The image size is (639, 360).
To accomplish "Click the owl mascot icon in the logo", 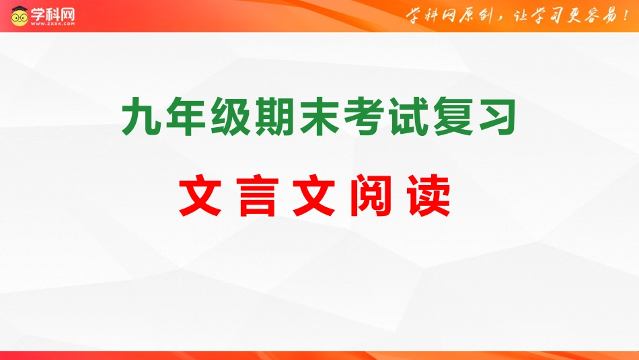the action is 19,16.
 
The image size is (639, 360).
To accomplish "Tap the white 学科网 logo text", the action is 52,14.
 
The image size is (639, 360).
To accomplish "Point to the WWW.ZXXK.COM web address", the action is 52,24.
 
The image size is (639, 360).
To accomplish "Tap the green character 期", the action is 274,116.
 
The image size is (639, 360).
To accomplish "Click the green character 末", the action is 319,116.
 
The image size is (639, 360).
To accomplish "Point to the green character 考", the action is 364,116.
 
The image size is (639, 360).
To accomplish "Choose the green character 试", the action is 408,116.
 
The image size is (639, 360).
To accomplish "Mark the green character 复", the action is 453,116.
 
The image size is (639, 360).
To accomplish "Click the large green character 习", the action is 498,116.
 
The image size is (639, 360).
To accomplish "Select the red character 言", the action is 257,195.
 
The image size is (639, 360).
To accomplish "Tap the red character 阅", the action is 371,195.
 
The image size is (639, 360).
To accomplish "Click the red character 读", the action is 428,195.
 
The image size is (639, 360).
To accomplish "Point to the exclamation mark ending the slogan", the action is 626,15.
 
